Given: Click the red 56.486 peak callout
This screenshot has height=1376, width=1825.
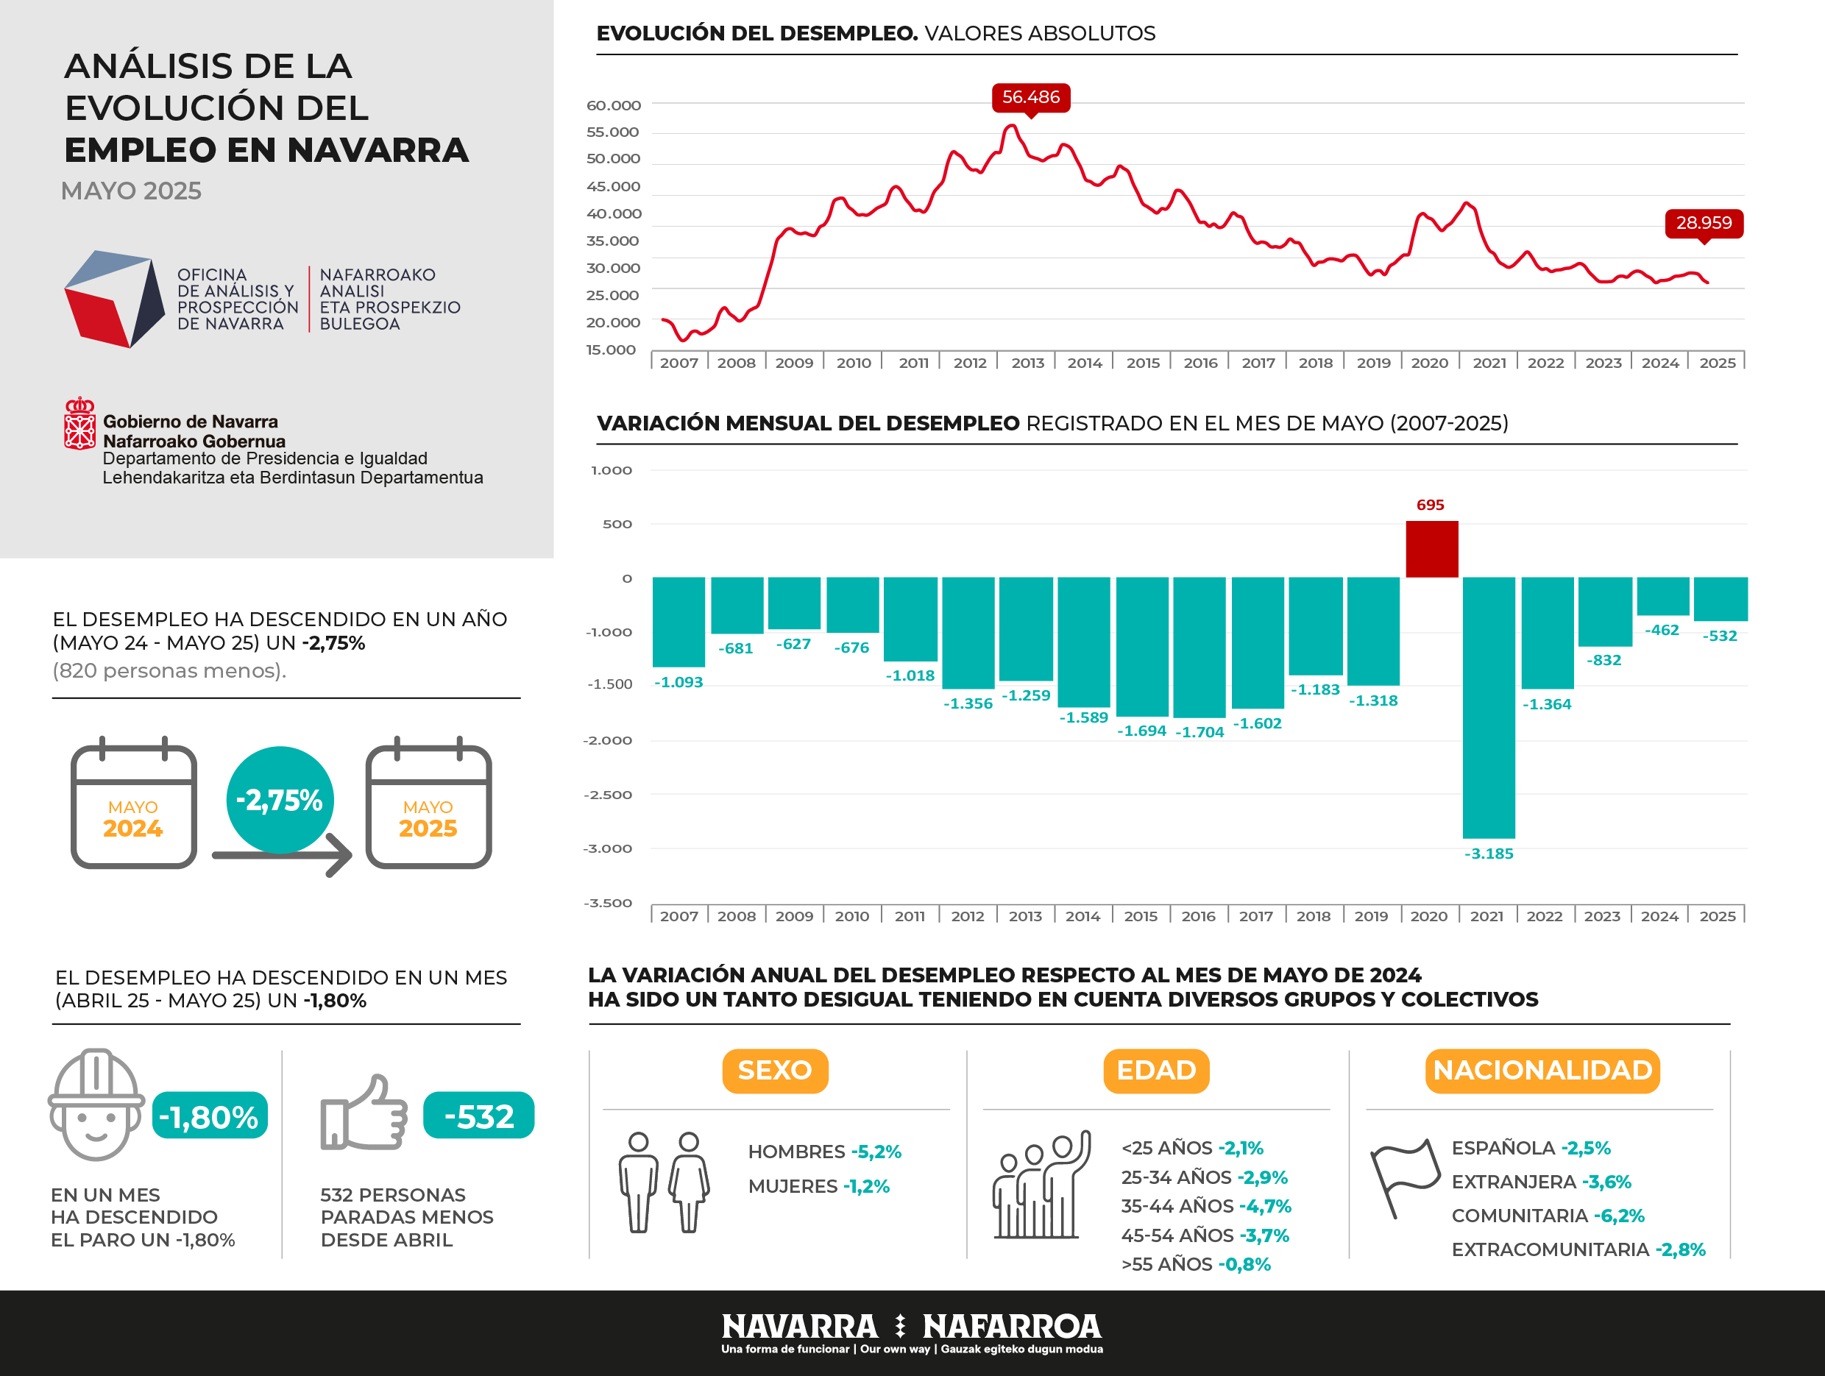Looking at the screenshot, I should pos(1030,97).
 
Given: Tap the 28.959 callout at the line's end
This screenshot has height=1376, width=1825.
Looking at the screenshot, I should pos(1704,223).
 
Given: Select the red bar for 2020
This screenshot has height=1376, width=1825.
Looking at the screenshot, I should pos(1431,549).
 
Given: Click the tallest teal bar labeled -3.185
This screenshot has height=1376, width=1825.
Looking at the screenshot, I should pos(1489,707).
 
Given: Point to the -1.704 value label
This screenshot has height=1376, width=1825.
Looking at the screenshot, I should pos(1199,731).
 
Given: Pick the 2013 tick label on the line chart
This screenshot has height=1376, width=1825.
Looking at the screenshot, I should pos(1027,363).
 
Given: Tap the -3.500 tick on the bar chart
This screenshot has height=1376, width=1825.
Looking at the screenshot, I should pos(607,902).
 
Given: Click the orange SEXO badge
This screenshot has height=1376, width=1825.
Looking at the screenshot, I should pos(775,1070).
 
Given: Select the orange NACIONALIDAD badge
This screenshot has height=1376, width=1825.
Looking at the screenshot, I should pos(1542,1070).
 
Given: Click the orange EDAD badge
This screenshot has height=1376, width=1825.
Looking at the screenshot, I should pos(1156,1070).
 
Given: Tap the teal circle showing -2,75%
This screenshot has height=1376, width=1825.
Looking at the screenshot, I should pos(280,799).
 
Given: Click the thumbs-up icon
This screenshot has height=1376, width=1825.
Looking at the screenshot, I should pos(364,1113).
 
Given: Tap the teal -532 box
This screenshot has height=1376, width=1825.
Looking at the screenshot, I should pos(478,1116).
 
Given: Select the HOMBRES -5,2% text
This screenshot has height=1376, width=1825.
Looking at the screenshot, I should pos(824,1152).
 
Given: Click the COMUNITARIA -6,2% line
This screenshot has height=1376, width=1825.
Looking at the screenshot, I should pos(1547,1216).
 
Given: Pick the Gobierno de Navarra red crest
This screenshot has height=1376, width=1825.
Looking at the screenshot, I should pos(79,424).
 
